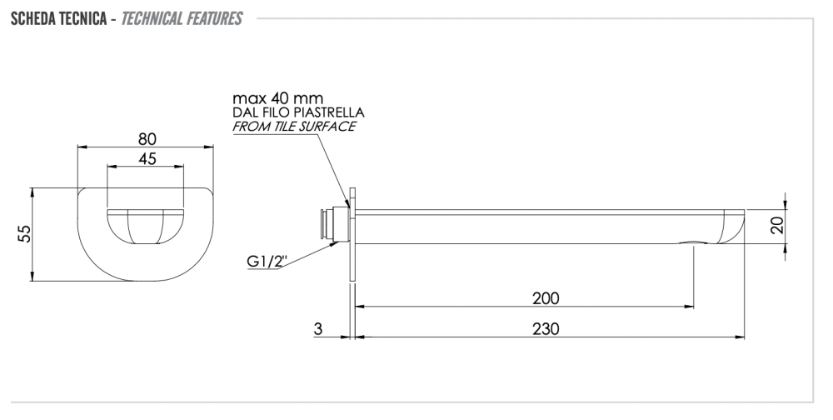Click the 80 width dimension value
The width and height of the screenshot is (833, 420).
147,139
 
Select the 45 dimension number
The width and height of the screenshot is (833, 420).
147,158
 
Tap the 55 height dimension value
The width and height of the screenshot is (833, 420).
24,233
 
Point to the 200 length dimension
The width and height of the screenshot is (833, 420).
546,297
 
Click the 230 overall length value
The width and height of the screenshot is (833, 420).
546,328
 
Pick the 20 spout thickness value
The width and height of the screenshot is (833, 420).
777,226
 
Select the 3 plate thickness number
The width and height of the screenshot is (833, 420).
317,328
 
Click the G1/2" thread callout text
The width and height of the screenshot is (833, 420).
267,261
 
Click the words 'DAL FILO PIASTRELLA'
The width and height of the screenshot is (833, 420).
298,112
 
